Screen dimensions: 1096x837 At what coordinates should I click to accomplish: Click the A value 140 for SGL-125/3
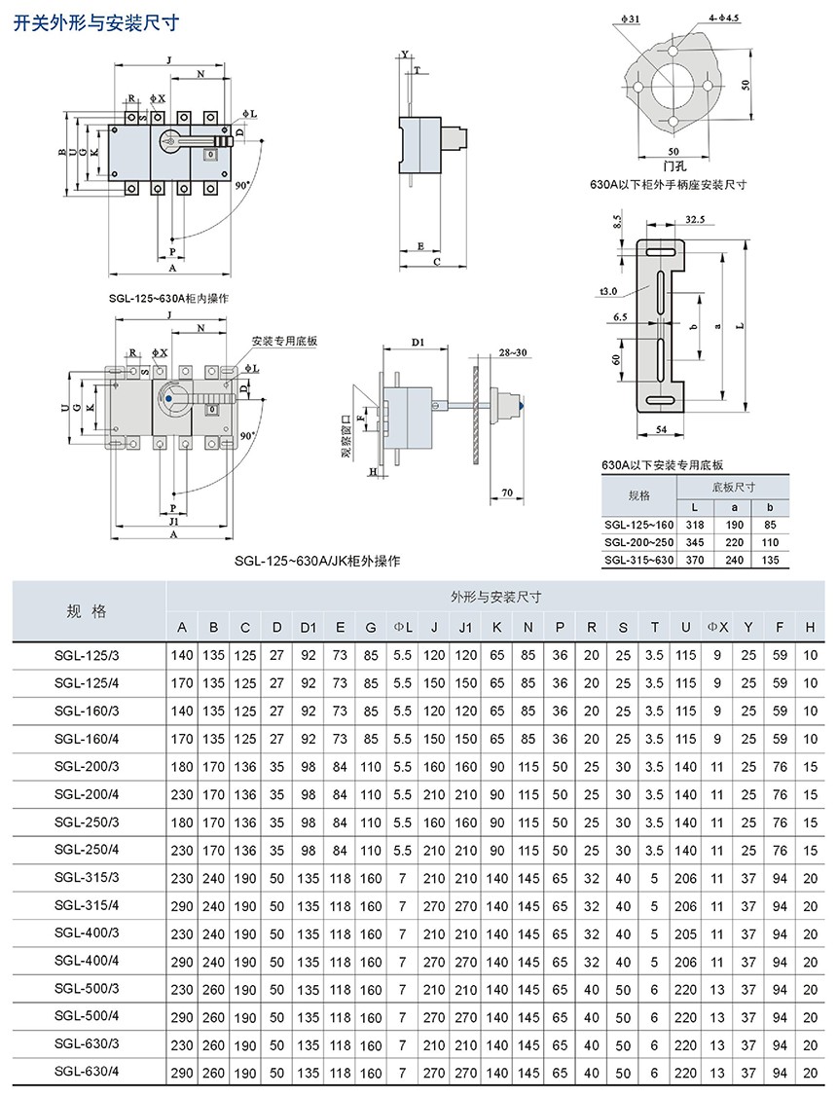[182, 656]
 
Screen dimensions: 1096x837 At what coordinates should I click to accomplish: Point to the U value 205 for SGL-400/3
[686, 932]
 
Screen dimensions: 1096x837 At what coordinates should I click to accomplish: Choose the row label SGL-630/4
[87, 1073]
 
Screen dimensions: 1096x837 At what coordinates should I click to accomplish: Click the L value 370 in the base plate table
[694, 561]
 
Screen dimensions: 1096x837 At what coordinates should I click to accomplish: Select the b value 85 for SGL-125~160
[769, 524]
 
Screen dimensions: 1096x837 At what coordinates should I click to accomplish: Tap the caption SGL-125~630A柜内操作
[168, 299]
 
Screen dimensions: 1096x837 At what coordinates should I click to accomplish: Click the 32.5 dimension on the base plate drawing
[695, 220]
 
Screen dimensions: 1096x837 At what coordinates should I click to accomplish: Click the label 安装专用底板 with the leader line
[284, 341]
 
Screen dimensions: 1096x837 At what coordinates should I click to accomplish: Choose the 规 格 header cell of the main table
[87, 611]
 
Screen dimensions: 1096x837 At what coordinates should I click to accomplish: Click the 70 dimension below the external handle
[507, 494]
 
